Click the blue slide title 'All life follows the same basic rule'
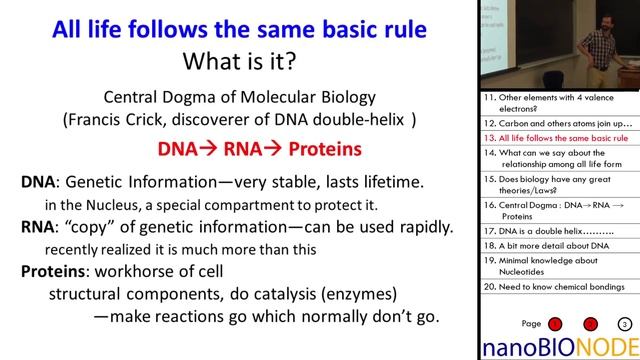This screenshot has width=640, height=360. pyautogui.click(x=236, y=25)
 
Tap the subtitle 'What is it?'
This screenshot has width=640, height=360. pyautogui.click(x=236, y=61)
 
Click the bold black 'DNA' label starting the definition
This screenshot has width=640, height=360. pyautogui.click(x=40, y=183)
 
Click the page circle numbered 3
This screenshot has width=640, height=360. pyautogui.click(x=623, y=324)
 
